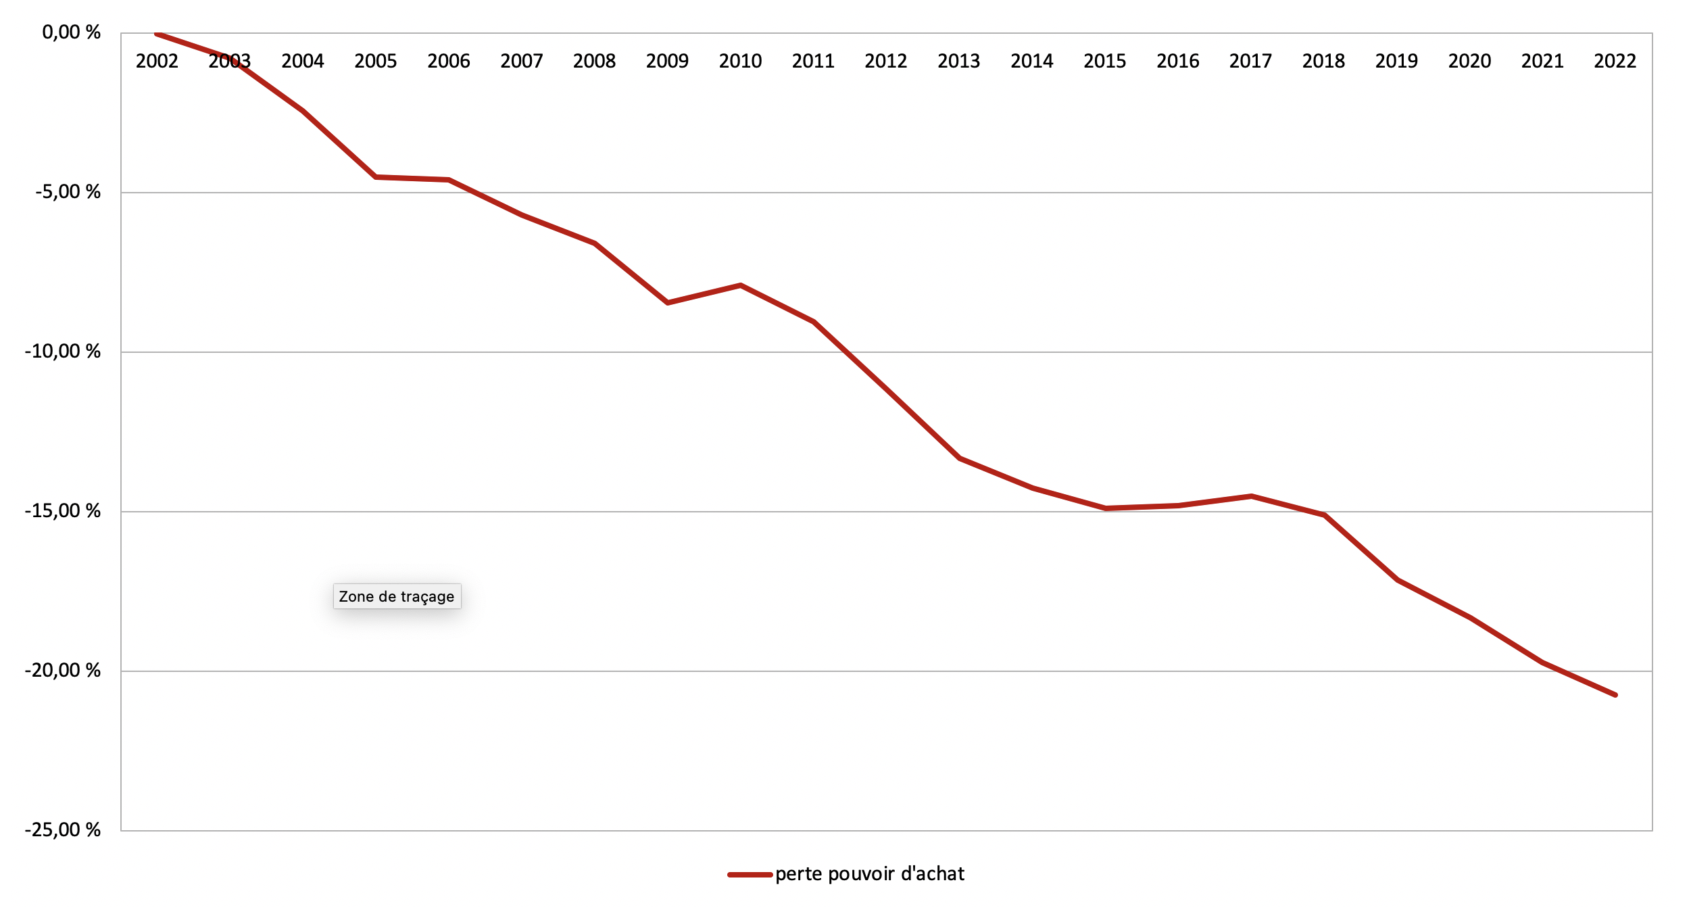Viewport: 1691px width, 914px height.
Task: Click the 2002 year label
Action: [x=157, y=62]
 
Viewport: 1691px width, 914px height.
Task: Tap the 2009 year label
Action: [x=667, y=62]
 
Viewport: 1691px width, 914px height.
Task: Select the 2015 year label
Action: [x=1104, y=62]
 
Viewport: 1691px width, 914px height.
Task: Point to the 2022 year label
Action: [x=1615, y=62]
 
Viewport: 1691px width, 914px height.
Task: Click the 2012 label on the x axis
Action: [x=885, y=62]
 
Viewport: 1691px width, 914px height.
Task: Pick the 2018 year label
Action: [x=1323, y=62]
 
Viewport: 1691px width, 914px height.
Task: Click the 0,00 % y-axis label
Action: [x=71, y=32]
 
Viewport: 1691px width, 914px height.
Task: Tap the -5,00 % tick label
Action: [x=68, y=192]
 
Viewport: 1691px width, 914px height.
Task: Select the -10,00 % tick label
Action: [x=62, y=352]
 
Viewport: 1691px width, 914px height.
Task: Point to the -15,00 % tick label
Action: [x=62, y=511]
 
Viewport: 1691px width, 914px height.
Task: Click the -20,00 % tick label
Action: [x=62, y=671]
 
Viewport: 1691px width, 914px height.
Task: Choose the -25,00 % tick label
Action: [x=62, y=830]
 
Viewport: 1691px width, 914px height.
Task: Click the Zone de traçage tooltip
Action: [x=397, y=596]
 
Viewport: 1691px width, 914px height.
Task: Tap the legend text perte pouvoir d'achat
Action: [x=869, y=874]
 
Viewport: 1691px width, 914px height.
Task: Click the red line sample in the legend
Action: [x=750, y=875]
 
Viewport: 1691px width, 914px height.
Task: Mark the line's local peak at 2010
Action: [x=741, y=285]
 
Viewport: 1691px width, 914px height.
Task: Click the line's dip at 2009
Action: [x=668, y=303]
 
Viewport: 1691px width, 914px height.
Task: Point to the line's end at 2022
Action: [x=1615, y=695]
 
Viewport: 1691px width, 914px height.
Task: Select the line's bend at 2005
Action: [x=376, y=177]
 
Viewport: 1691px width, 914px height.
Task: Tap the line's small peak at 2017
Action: [x=1251, y=496]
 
